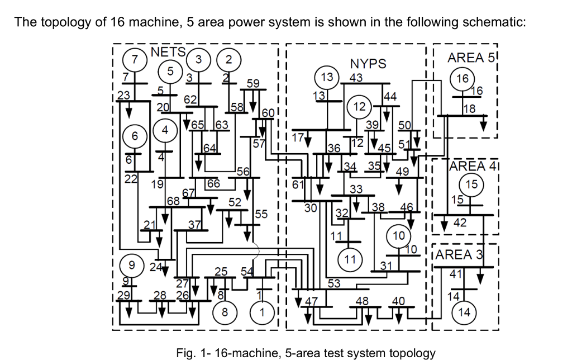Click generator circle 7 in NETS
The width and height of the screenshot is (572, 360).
tap(135, 59)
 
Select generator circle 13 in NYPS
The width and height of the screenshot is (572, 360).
tap(327, 77)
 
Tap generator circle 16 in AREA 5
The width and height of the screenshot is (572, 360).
tap(463, 79)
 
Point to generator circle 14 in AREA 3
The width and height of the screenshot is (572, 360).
tap(464, 312)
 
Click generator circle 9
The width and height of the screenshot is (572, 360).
tap(132, 264)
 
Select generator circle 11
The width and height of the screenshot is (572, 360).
tap(350, 259)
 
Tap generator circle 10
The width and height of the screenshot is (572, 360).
tap(398, 235)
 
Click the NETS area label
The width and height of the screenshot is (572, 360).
tap(168, 52)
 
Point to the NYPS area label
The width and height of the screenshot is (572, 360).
tap(368, 64)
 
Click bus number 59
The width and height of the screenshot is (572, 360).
tap(253, 83)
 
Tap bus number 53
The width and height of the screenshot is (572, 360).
tap(333, 283)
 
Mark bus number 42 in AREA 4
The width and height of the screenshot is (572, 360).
tap(460, 223)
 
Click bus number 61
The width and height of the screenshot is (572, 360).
tap(298, 183)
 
